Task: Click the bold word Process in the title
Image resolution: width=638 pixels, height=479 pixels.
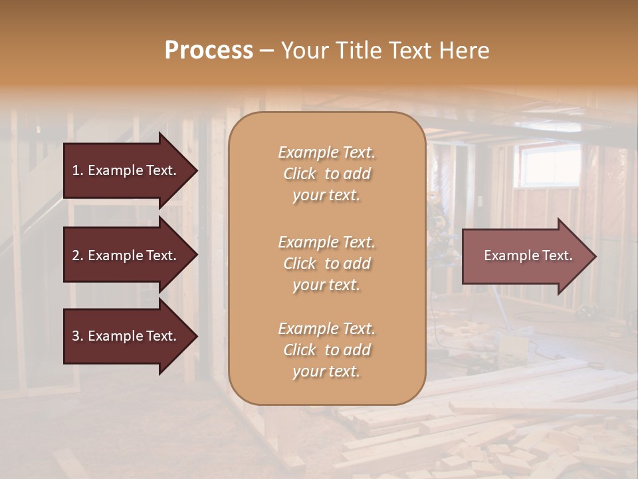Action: pos(209,51)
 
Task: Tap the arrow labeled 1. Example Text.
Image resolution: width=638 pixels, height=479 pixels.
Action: pos(126,170)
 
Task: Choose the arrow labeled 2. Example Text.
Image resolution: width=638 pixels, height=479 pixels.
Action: pos(126,255)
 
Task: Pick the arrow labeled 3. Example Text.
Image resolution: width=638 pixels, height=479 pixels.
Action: pos(126,336)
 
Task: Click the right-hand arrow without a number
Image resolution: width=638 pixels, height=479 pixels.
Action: pos(525,256)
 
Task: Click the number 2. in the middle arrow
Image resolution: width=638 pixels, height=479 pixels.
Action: pos(78,255)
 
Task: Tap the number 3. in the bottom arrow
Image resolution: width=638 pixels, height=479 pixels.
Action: pos(78,336)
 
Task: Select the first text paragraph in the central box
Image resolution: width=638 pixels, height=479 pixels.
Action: pos(326,174)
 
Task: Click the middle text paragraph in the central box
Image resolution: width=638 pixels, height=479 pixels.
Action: pos(326,263)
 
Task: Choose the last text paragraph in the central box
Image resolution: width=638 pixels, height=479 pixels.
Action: pos(326,350)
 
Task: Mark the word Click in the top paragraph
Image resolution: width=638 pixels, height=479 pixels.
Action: pos(300,174)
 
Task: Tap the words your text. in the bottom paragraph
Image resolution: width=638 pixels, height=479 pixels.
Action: pos(326,372)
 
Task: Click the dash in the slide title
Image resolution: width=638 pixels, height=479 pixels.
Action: pos(266,51)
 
